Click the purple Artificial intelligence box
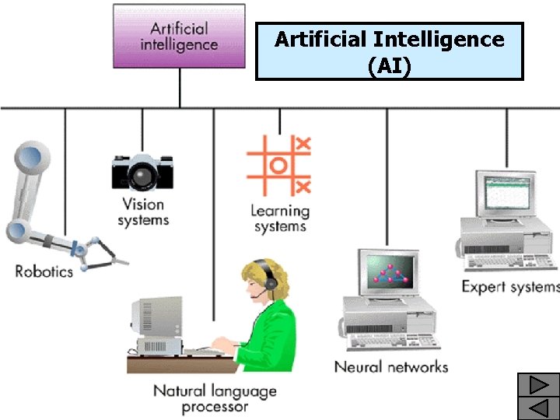[x=179, y=37]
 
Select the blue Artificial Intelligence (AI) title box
[x=390, y=51]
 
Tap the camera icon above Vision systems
[x=142, y=172]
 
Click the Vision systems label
[x=143, y=212]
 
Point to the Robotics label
[x=44, y=271]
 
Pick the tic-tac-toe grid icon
[x=278, y=165]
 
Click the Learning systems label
[x=280, y=219]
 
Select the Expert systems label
[x=509, y=286]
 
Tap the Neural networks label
[x=391, y=366]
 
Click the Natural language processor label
[x=215, y=398]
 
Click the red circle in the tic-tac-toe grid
[x=278, y=165]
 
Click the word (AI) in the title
[x=389, y=65]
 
